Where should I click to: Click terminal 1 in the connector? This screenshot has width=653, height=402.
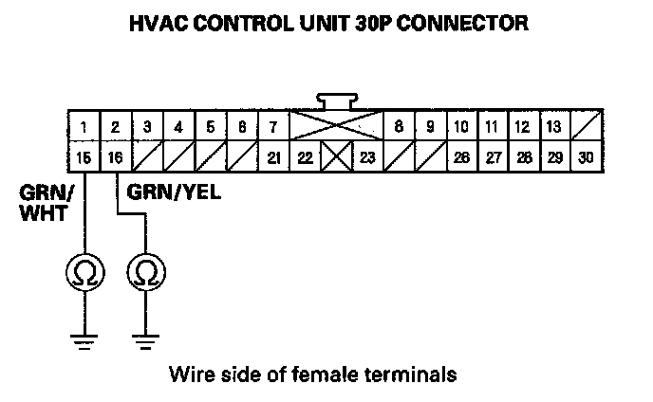(84, 127)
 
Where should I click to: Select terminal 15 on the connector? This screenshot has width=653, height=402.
(84, 157)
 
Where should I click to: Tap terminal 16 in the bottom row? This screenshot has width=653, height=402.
(116, 157)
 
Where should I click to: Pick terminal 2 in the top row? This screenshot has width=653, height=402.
(116, 127)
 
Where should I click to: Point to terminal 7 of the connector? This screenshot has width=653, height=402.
(273, 127)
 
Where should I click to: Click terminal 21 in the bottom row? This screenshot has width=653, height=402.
(273, 157)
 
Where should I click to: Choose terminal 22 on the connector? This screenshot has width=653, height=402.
(305, 157)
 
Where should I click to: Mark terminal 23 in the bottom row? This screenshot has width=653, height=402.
(367, 157)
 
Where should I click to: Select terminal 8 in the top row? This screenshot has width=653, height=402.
(399, 127)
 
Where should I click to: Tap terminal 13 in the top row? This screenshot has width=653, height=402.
(554, 127)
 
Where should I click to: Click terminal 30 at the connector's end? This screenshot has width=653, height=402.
(586, 157)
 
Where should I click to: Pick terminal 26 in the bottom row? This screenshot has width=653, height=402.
(461, 157)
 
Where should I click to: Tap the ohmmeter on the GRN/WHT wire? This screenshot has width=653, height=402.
(84, 274)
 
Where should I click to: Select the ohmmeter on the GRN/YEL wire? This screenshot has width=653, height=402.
(145, 274)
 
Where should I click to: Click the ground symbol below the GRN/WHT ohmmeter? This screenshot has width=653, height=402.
(84, 340)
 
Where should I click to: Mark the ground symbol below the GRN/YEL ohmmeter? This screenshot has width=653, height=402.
(145, 340)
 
